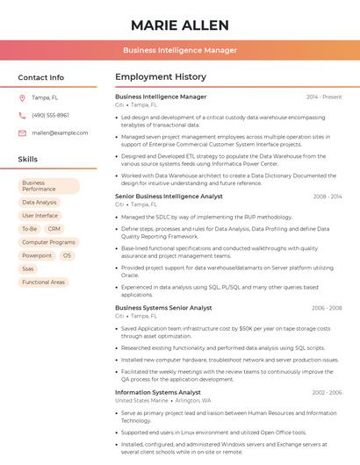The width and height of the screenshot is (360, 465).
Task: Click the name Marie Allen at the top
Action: pos(179,25)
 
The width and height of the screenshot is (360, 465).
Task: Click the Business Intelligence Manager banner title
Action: pos(179,50)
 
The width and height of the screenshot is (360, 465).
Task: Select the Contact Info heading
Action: pos(40,77)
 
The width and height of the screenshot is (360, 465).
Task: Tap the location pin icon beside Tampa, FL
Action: pos(22,97)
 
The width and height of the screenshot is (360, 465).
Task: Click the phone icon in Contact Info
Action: pos(22,115)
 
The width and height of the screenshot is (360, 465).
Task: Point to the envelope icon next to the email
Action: pos(22,132)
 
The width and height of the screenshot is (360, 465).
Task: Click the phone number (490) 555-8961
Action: pos(50,115)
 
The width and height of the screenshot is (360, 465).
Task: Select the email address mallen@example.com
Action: pos(60,132)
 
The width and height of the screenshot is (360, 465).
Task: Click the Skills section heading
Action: pos(28,160)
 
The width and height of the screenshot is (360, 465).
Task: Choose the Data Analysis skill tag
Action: pos(39,202)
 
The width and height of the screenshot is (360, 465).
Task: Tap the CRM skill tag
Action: pos(54,228)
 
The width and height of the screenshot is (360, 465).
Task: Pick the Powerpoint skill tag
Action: pos(37,255)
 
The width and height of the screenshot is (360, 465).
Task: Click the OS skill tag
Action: pos(67,255)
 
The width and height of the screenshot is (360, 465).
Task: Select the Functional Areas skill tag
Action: pos(44,282)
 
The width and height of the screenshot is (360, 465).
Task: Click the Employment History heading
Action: pos(160,77)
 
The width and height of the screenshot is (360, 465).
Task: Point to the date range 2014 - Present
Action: pos(324,97)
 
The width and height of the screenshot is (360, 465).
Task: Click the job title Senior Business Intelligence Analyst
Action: pos(169,197)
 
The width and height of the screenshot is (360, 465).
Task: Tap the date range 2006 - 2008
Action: pos(327,308)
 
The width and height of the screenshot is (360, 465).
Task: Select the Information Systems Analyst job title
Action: pos(158,392)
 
